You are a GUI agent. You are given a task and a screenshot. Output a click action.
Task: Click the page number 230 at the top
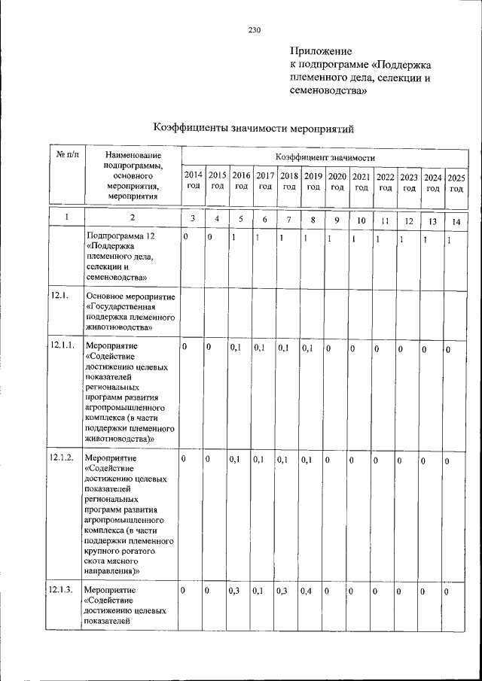point(253,30)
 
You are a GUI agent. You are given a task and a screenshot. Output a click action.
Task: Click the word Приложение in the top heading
point(321,51)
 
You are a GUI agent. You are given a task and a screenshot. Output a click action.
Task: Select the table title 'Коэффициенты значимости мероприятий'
point(253,128)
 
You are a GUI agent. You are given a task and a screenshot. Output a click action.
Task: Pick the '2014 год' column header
point(193,181)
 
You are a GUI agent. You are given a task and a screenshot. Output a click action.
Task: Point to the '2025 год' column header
point(456,183)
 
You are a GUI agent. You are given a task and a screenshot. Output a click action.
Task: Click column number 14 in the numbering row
point(456,222)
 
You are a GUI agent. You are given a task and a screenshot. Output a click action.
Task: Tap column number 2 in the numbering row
point(132,218)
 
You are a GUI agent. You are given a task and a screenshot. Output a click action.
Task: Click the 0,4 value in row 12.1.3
point(307,591)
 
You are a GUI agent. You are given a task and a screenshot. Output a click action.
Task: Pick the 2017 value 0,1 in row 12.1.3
point(259,591)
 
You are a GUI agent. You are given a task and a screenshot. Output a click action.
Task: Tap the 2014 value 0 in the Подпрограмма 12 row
point(185,237)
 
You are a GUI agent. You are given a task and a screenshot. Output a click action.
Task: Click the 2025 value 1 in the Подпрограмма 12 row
point(449,240)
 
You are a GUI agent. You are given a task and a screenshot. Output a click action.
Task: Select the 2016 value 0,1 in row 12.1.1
point(235,348)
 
